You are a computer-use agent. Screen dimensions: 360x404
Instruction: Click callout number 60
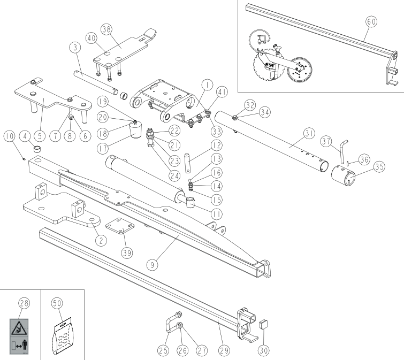[x=371, y=22]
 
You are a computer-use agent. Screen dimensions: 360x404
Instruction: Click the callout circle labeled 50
[x=58, y=303]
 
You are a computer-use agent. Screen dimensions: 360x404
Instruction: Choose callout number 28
[x=23, y=303]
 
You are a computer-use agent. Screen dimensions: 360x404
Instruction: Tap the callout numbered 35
[x=378, y=167]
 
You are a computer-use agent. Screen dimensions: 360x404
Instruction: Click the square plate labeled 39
[x=119, y=228]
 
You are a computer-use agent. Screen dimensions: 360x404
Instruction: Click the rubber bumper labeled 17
[x=135, y=131]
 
